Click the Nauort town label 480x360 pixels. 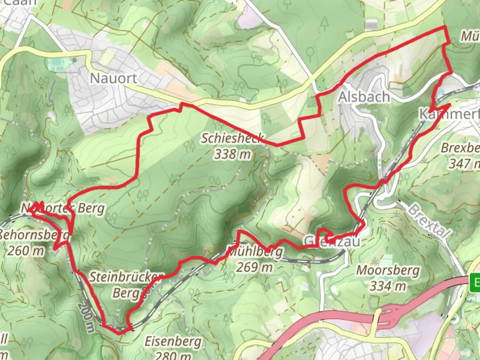click(x=114, y=78)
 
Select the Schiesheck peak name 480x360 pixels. click(x=232, y=138)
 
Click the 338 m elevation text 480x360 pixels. click(x=232, y=154)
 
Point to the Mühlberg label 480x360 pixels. click(x=255, y=252)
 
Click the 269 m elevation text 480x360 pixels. click(x=255, y=267)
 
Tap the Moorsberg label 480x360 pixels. click(x=388, y=270)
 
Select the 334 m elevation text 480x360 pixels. click(x=388, y=286)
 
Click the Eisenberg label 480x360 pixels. click(x=173, y=342)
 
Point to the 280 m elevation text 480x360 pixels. click(x=173, y=355)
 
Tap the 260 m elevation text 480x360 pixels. click(x=25, y=250)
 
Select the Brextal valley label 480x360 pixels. click(x=429, y=220)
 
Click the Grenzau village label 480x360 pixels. click(x=332, y=241)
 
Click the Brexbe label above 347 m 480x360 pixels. click(x=460, y=148)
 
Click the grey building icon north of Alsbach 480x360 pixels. click(x=371, y=25)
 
